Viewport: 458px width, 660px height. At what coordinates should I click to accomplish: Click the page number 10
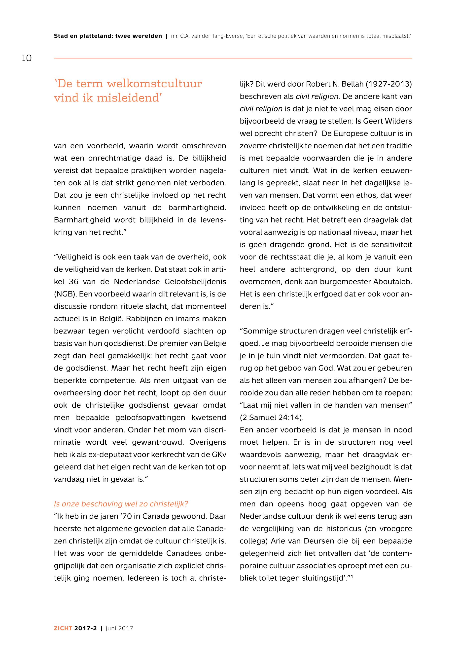coord(27,58)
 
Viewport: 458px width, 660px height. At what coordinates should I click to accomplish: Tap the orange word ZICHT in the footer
coord(63,628)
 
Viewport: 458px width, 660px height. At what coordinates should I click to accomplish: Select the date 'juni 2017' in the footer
coord(119,628)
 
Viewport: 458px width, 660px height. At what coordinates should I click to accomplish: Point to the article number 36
coord(74,282)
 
